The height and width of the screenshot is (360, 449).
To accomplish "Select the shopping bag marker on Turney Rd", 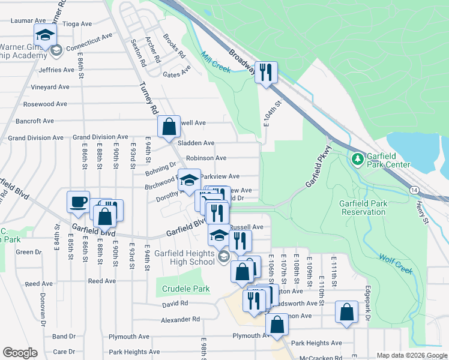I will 169,126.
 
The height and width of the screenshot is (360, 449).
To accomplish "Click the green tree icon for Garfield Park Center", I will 357,158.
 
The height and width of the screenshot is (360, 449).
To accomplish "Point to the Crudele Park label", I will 185,289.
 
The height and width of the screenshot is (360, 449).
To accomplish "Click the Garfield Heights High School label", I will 185,257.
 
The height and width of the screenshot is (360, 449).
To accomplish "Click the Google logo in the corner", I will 20,353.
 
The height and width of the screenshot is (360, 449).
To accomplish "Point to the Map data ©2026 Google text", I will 411,355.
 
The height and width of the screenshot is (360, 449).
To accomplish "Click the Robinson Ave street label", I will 206,158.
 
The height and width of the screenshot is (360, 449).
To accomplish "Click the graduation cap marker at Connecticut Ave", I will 45,35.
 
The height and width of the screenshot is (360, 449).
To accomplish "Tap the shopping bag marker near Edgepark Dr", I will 347,312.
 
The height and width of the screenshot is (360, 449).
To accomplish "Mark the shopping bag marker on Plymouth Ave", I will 277,325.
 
